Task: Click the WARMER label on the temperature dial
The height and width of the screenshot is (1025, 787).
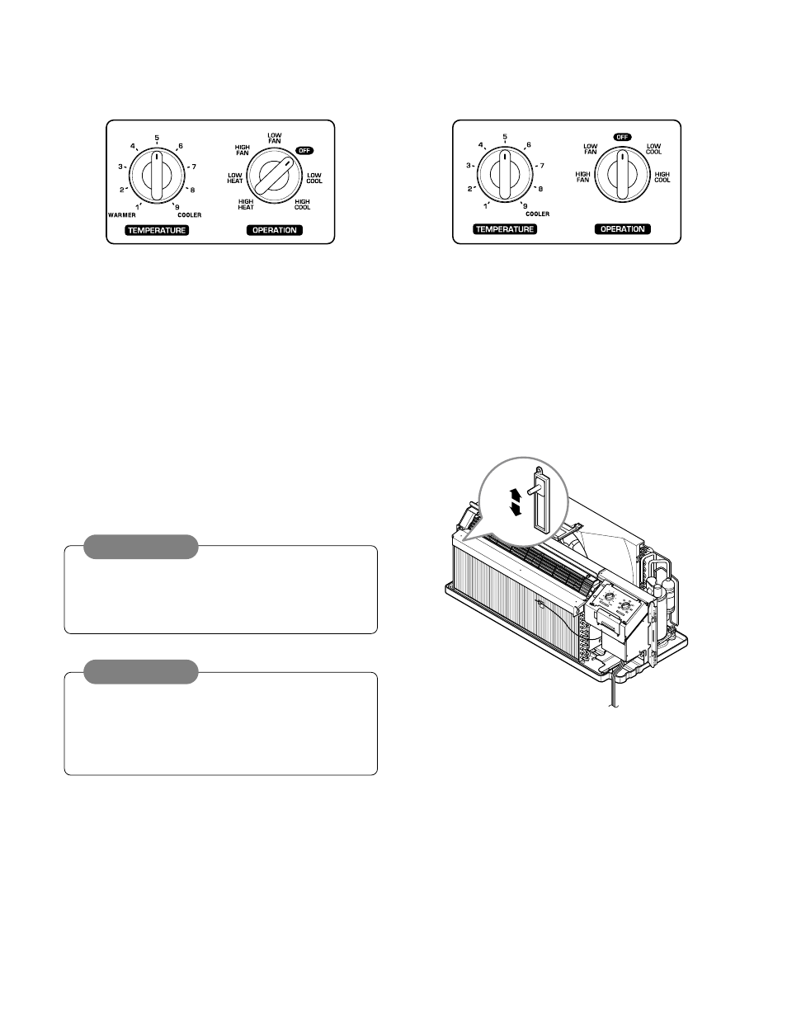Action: tap(121, 214)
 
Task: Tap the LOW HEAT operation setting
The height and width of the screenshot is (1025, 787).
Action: tap(235, 178)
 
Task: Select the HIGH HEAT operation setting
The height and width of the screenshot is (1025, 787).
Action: tap(246, 205)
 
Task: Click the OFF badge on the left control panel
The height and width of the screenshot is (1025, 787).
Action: tap(305, 151)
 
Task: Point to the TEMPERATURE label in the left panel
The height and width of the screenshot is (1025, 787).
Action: tap(157, 230)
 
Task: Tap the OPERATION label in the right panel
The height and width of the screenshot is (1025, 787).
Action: tap(623, 228)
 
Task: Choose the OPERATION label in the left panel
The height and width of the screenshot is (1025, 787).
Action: tap(275, 230)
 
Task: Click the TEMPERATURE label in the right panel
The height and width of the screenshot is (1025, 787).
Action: tap(505, 228)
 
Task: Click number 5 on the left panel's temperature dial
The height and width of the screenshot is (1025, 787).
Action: tap(157, 138)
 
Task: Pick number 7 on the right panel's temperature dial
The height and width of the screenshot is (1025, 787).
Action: tap(541, 166)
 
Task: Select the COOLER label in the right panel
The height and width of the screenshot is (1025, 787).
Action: tap(536, 214)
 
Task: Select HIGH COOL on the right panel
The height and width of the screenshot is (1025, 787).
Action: tap(662, 177)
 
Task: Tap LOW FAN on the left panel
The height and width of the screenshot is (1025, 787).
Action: tap(275, 139)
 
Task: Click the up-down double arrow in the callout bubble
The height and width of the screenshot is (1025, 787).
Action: tap(516, 501)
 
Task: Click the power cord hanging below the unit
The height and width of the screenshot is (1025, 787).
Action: tap(613, 697)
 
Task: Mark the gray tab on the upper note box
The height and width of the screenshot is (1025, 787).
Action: tap(141, 547)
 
